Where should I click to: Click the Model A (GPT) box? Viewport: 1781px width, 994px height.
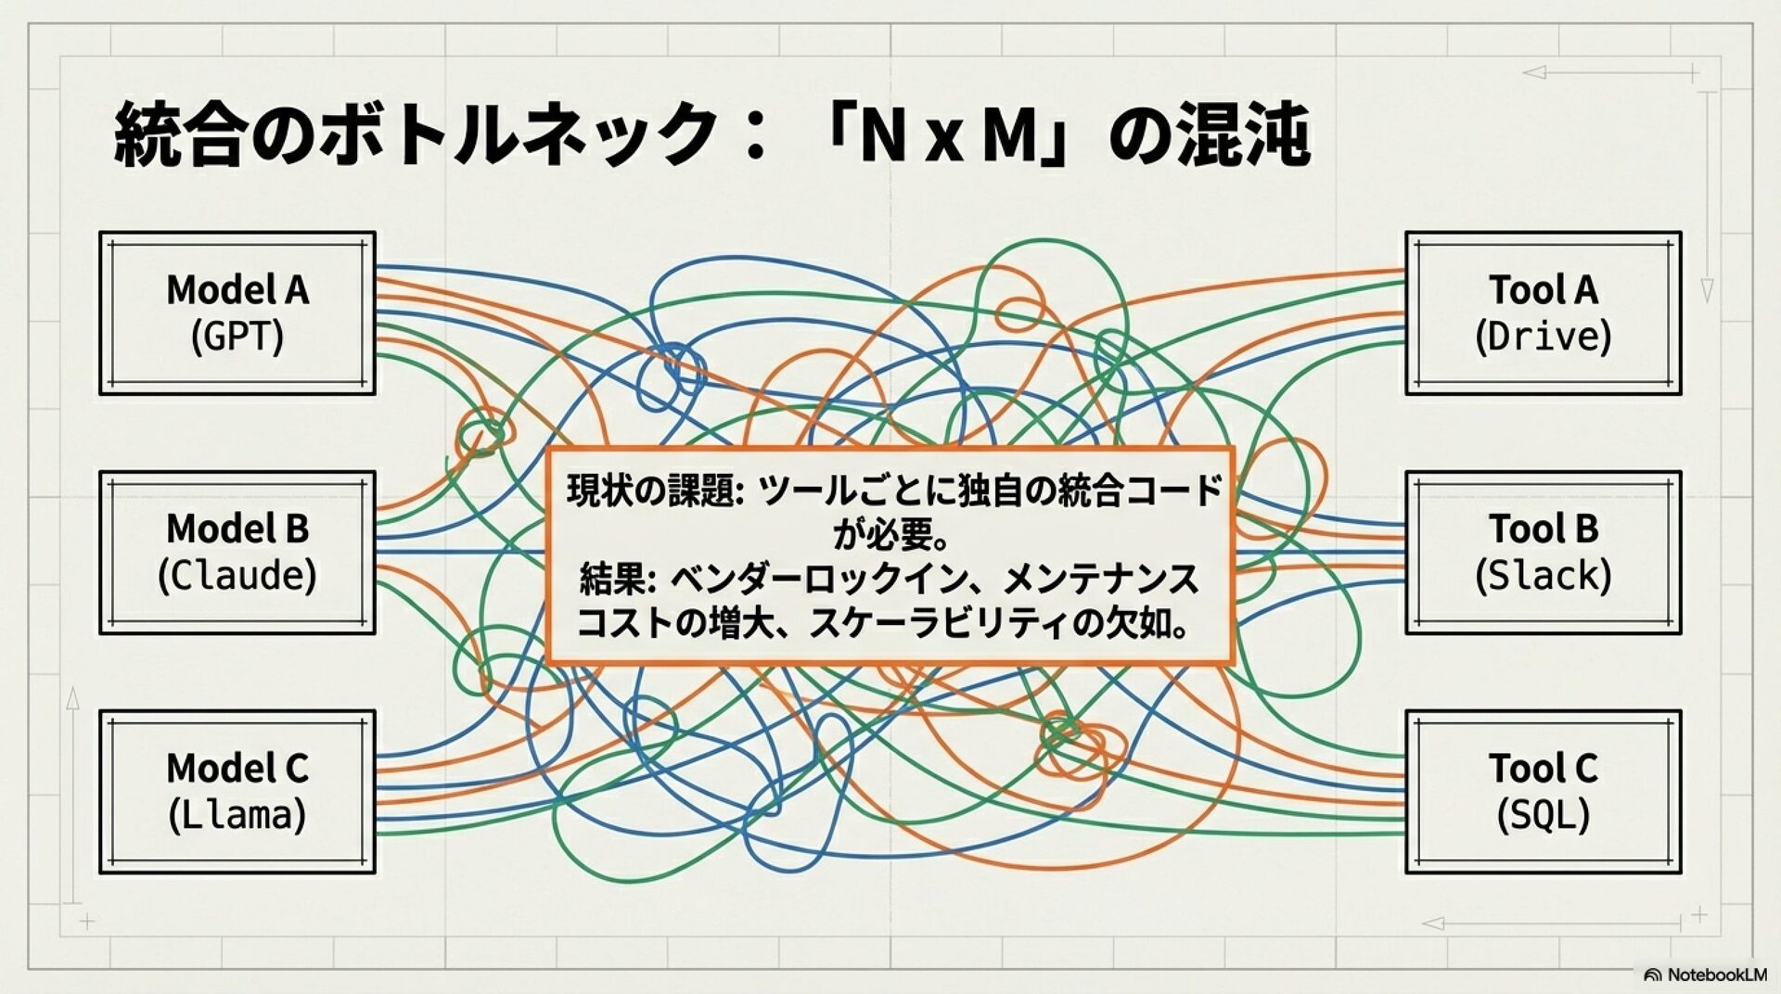pyautogui.click(x=237, y=313)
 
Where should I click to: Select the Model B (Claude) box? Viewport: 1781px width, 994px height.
pyautogui.click(x=237, y=553)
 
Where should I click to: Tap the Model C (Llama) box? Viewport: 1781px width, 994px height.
pyautogui.click(x=237, y=792)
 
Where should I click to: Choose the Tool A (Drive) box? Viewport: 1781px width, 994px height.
pyautogui.click(x=1543, y=313)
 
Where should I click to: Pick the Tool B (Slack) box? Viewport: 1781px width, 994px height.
pyautogui.click(x=1543, y=553)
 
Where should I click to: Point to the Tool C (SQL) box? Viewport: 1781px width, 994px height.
pyautogui.click(x=1543, y=792)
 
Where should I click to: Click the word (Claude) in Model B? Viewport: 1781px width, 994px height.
pyautogui.click(x=237, y=576)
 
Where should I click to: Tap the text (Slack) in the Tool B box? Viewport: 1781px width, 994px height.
pyautogui.click(x=1543, y=576)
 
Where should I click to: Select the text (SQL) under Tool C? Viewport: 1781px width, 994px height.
pyautogui.click(x=1543, y=815)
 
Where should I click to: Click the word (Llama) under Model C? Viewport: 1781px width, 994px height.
pyautogui.click(x=237, y=815)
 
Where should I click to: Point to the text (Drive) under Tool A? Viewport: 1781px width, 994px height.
pyautogui.click(x=1543, y=337)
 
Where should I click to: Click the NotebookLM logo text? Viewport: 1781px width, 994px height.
pyautogui.click(x=1716, y=975)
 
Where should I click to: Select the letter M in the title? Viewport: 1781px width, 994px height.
pyautogui.click(x=1008, y=136)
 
